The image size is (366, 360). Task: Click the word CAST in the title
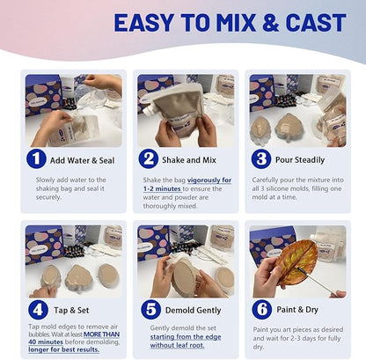coord(316,23)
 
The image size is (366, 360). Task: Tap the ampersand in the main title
coord(271,23)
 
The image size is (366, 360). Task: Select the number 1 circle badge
coord(36,159)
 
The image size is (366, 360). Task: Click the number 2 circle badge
coord(149,159)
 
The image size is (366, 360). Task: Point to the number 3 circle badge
coord(261,159)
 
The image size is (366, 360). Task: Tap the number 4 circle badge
coord(39,310)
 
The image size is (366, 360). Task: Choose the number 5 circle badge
coord(150,310)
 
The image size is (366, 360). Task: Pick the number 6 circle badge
coord(262,309)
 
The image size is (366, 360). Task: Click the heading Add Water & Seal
coord(82,160)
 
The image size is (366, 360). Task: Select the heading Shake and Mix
coord(189,160)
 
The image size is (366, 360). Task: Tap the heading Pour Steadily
coord(300,160)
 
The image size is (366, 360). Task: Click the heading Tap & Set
coord(71,311)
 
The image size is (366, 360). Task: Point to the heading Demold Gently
coord(193,311)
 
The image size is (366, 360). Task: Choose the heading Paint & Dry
coord(297,310)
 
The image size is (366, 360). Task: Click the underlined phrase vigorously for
coord(209,180)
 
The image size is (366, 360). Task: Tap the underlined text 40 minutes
coord(46,342)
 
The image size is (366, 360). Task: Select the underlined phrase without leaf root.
coord(177,345)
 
